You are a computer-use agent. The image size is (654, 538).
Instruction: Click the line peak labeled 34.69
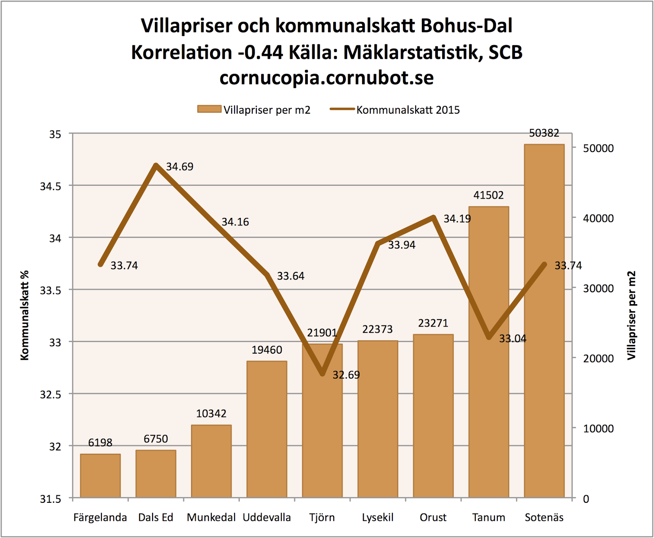click(x=156, y=165)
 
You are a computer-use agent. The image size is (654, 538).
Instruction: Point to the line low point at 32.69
click(x=323, y=373)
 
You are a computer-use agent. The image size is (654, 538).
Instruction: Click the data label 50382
click(x=544, y=133)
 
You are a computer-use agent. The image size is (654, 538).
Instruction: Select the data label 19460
click(x=267, y=350)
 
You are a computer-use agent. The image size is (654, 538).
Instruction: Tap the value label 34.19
click(x=457, y=219)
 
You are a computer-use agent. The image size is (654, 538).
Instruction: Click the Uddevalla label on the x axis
click(x=267, y=518)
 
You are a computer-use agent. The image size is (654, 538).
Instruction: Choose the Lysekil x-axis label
click(x=378, y=518)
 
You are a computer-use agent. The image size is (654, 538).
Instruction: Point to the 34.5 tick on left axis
click(x=50, y=186)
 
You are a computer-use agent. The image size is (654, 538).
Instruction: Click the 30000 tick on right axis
click(x=598, y=289)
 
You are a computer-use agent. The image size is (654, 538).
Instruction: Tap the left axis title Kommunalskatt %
click(x=25, y=315)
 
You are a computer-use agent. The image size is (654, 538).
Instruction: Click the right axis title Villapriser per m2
click(x=632, y=315)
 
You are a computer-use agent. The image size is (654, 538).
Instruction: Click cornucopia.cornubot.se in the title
click(x=326, y=78)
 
